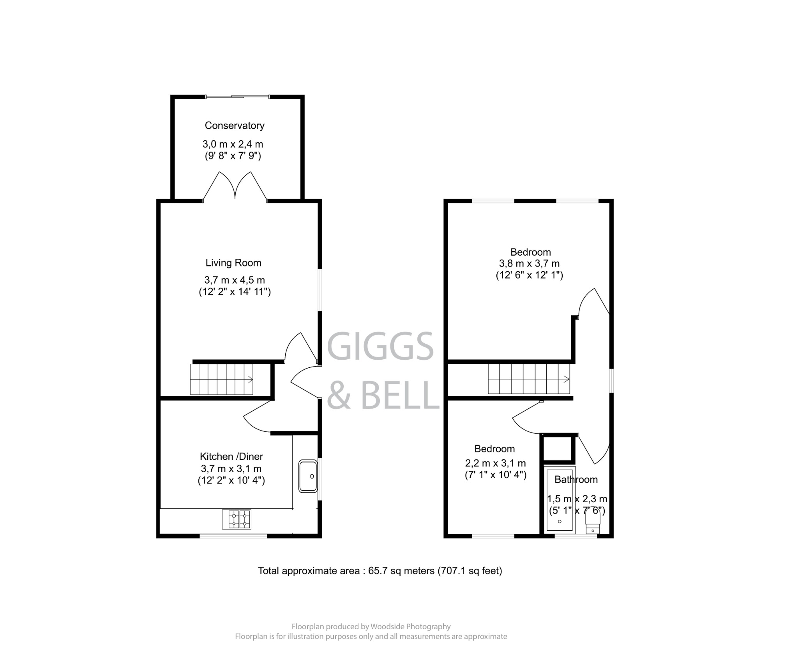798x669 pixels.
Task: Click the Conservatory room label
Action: click(x=235, y=125)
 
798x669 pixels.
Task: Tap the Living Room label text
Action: click(x=233, y=263)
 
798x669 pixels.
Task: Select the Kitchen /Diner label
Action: click(x=231, y=456)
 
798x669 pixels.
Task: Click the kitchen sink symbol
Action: click(x=308, y=476)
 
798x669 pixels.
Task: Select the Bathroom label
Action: click(x=576, y=480)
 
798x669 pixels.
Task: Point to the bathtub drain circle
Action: click(x=560, y=521)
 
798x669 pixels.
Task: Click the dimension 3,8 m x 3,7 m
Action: click(x=530, y=263)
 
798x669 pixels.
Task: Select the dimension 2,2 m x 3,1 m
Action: click(x=495, y=463)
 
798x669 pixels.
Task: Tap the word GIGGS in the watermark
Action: click(x=380, y=347)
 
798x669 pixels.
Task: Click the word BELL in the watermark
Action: click(x=401, y=395)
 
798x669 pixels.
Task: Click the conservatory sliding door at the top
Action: click(x=237, y=97)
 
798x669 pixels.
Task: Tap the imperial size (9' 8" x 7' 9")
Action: click(x=233, y=156)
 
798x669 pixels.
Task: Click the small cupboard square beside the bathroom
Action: click(x=557, y=449)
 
